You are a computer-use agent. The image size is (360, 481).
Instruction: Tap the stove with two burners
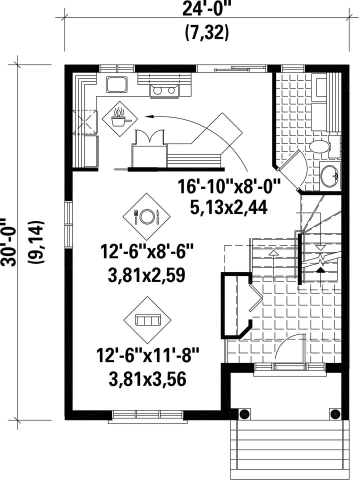pyautogui.click(x=164, y=91)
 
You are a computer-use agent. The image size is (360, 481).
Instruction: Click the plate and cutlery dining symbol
pyautogui.click(x=146, y=216)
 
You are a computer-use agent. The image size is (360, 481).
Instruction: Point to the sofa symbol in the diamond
pyautogui.click(x=148, y=320)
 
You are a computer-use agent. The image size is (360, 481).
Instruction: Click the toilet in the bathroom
pyautogui.click(x=322, y=146)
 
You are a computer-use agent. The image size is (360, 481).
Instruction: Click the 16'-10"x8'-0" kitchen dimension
pyautogui.click(x=229, y=187)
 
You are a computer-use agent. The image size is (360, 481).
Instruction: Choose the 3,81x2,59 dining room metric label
pyautogui.click(x=146, y=275)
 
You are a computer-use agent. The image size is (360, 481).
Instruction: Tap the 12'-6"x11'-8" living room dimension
pyautogui.click(x=148, y=355)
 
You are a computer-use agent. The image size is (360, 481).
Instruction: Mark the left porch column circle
pyautogui.click(x=244, y=414)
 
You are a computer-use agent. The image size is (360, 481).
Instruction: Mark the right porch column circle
pyautogui.click(x=335, y=414)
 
